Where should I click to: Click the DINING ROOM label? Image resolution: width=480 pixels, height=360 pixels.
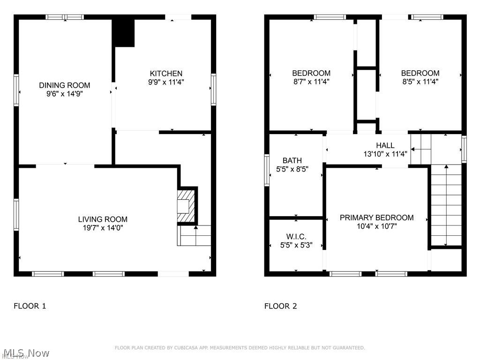(x=64, y=85)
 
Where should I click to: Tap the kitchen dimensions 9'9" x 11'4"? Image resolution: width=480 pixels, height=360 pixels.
(x=166, y=82)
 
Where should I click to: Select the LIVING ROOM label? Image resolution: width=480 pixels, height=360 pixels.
(x=103, y=219)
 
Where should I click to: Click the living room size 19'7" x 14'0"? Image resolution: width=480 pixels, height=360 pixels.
(x=103, y=228)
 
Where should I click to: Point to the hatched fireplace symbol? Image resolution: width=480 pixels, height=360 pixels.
(x=186, y=206)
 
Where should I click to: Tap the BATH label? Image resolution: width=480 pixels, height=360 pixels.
(x=292, y=161)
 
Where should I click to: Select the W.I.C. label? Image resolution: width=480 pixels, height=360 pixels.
(x=296, y=236)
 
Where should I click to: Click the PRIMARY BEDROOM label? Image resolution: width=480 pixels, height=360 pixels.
(x=376, y=217)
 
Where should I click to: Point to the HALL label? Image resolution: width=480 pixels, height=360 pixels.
(x=385, y=145)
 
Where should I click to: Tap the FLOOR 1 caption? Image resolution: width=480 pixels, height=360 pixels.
(x=30, y=306)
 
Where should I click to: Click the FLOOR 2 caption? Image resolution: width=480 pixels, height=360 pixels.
(x=281, y=306)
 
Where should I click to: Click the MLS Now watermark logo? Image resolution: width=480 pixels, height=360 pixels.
(x=26, y=352)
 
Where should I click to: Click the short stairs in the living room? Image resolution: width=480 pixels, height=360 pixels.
(x=194, y=236)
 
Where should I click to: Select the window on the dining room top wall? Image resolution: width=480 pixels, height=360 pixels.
(x=64, y=17)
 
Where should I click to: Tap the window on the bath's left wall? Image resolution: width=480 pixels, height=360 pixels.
(x=267, y=170)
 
